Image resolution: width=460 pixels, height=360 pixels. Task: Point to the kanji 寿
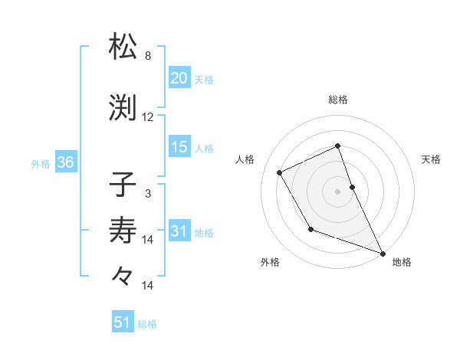click(123, 230)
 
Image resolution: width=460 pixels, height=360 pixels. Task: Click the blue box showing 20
click(179, 79)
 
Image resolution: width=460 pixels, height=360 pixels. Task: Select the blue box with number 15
click(179, 148)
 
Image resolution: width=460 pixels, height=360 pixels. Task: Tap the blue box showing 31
click(179, 232)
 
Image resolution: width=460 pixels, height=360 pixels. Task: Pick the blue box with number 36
click(64, 163)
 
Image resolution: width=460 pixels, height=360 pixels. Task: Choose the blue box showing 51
click(122, 323)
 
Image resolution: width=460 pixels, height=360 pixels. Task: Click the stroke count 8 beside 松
click(148, 56)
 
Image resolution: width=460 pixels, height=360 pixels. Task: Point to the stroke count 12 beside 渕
click(148, 117)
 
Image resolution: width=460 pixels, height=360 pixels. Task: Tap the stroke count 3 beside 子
click(148, 194)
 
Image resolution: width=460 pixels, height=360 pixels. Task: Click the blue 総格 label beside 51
click(147, 324)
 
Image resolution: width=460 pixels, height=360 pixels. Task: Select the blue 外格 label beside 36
click(41, 164)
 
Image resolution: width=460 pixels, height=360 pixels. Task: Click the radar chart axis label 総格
click(338, 100)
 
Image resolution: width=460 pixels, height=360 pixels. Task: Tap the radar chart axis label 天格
click(431, 159)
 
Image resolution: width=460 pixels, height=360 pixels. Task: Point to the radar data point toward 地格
click(383, 254)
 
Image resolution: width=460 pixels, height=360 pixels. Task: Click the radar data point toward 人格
click(280, 172)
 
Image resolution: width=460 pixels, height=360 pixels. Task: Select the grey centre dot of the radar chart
click(338, 191)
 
